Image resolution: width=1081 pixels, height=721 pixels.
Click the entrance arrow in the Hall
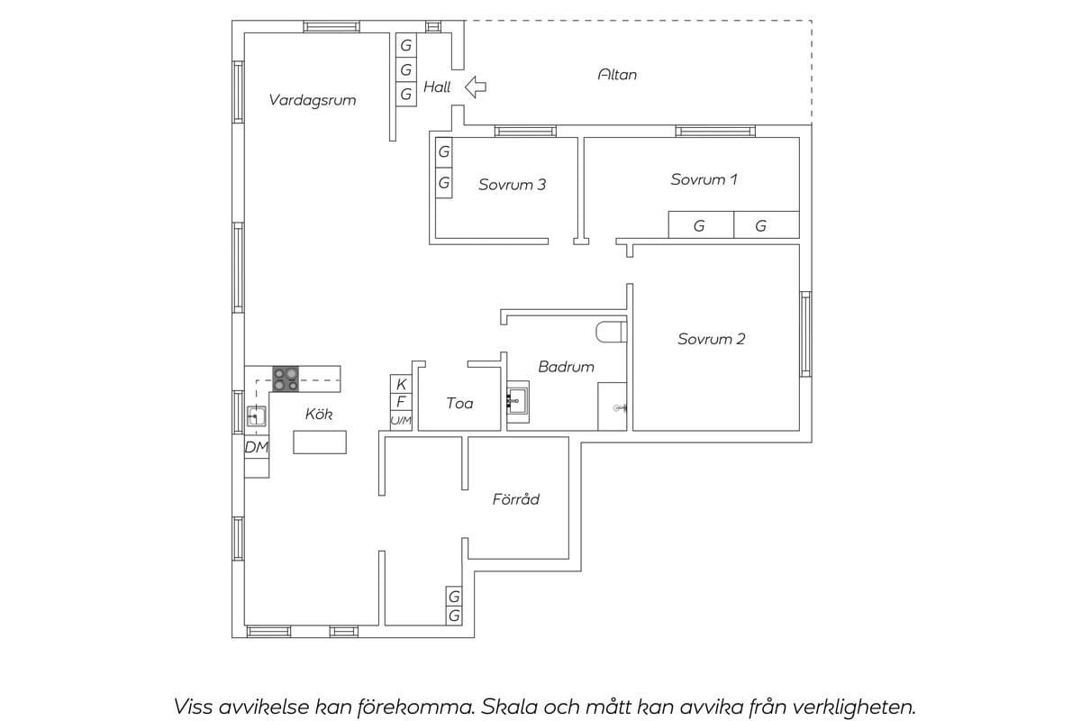(x=476, y=87)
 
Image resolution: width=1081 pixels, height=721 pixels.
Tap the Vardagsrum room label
(x=313, y=100)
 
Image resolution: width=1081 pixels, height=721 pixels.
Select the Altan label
(x=617, y=75)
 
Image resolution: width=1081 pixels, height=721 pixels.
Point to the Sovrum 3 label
(x=512, y=185)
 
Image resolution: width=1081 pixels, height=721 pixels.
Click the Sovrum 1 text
(x=704, y=179)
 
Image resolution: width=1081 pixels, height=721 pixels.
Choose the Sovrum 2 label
(x=712, y=339)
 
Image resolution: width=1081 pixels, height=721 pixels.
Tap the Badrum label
(x=566, y=367)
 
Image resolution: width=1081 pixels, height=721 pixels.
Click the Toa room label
(x=459, y=403)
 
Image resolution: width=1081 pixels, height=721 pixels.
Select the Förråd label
(x=516, y=499)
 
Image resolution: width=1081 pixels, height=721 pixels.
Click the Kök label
(x=319, y=414)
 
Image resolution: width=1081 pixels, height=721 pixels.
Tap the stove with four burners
(x=286, y=379)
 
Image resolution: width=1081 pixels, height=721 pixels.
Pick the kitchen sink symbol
(x=256, y=416)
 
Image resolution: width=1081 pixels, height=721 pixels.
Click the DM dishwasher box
(x=256, y=447)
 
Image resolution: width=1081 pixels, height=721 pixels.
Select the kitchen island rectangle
(x=320, y=443)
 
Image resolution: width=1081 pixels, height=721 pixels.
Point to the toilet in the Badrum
(x=611, y=333)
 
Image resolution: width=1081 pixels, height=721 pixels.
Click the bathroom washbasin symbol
(x=518, y=401)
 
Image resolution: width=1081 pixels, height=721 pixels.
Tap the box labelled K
(x=401, y=385)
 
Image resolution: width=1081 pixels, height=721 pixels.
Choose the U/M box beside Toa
(x=401, y=421)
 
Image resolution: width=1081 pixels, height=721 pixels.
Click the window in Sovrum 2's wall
(x=806, y=334)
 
